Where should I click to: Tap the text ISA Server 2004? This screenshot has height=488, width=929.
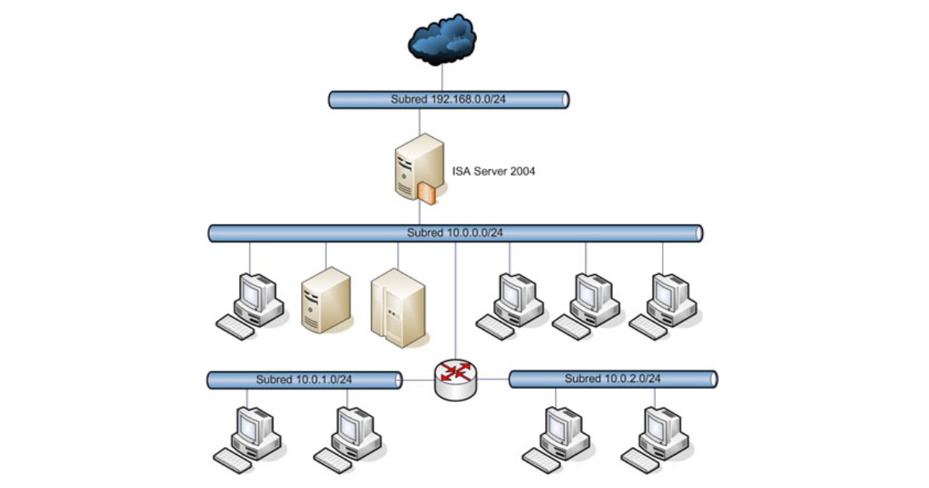click(493, 171)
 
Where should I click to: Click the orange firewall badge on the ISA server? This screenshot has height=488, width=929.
click(427, 194)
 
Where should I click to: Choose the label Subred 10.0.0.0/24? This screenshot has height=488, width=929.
click(455, 232)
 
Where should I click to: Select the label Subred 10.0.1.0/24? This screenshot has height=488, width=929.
click(304, 380)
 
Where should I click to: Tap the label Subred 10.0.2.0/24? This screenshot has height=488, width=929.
click(612, 379)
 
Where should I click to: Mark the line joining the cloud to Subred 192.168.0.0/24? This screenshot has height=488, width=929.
click(442, 77)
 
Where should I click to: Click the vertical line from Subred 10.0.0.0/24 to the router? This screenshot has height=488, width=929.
click(455, 302)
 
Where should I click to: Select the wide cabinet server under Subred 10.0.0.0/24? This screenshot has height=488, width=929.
click(398, 307)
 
